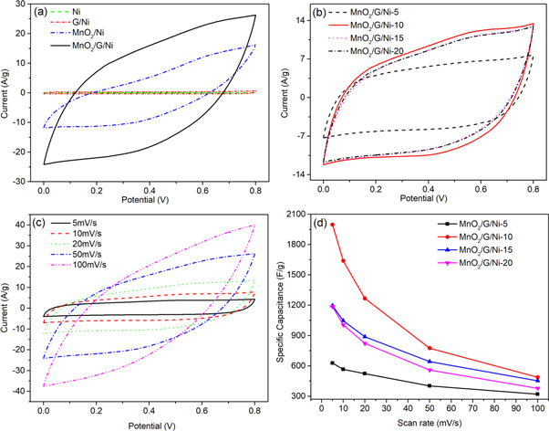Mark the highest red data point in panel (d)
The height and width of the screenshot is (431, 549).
coord(332,225)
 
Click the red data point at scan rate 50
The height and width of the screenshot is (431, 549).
coord(430,348)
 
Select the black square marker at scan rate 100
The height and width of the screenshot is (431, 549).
coord(538,394)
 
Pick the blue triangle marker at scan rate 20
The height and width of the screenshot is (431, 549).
coord(365,336)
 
